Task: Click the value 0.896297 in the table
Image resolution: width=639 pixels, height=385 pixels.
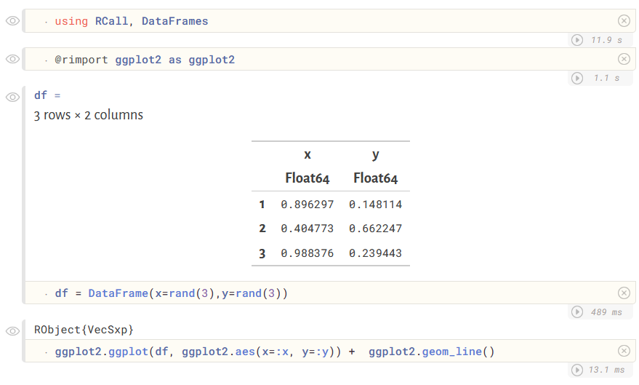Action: tap(307, 205)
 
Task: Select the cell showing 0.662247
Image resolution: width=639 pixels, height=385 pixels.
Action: tap(375, 229)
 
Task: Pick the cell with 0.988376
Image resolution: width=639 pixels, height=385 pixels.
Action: tap(307, 253)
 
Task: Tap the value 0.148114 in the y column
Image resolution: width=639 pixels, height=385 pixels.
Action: tap(375, 205)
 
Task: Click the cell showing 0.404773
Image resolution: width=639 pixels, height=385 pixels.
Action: tap(307, 229)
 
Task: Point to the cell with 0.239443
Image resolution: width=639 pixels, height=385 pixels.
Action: tap(375, 253)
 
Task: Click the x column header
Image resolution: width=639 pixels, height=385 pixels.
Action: tap(308, 154)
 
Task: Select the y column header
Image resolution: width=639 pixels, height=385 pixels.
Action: tap(375, 154)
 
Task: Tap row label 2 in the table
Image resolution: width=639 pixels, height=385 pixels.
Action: tap(262, 229)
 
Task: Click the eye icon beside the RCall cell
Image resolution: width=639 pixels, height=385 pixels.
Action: tap(12, 21)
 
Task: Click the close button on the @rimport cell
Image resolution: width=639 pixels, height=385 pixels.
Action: tap(624, 59)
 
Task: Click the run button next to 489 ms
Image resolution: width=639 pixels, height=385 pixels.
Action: tap(578, 312)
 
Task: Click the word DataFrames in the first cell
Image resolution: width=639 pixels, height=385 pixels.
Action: tap(174, 21)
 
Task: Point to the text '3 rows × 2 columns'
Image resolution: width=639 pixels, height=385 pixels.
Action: tap(89, 115)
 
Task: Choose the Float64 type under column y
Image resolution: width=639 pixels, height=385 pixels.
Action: tap(375, 178)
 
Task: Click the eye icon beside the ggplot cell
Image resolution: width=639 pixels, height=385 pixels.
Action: tap(12, 331)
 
